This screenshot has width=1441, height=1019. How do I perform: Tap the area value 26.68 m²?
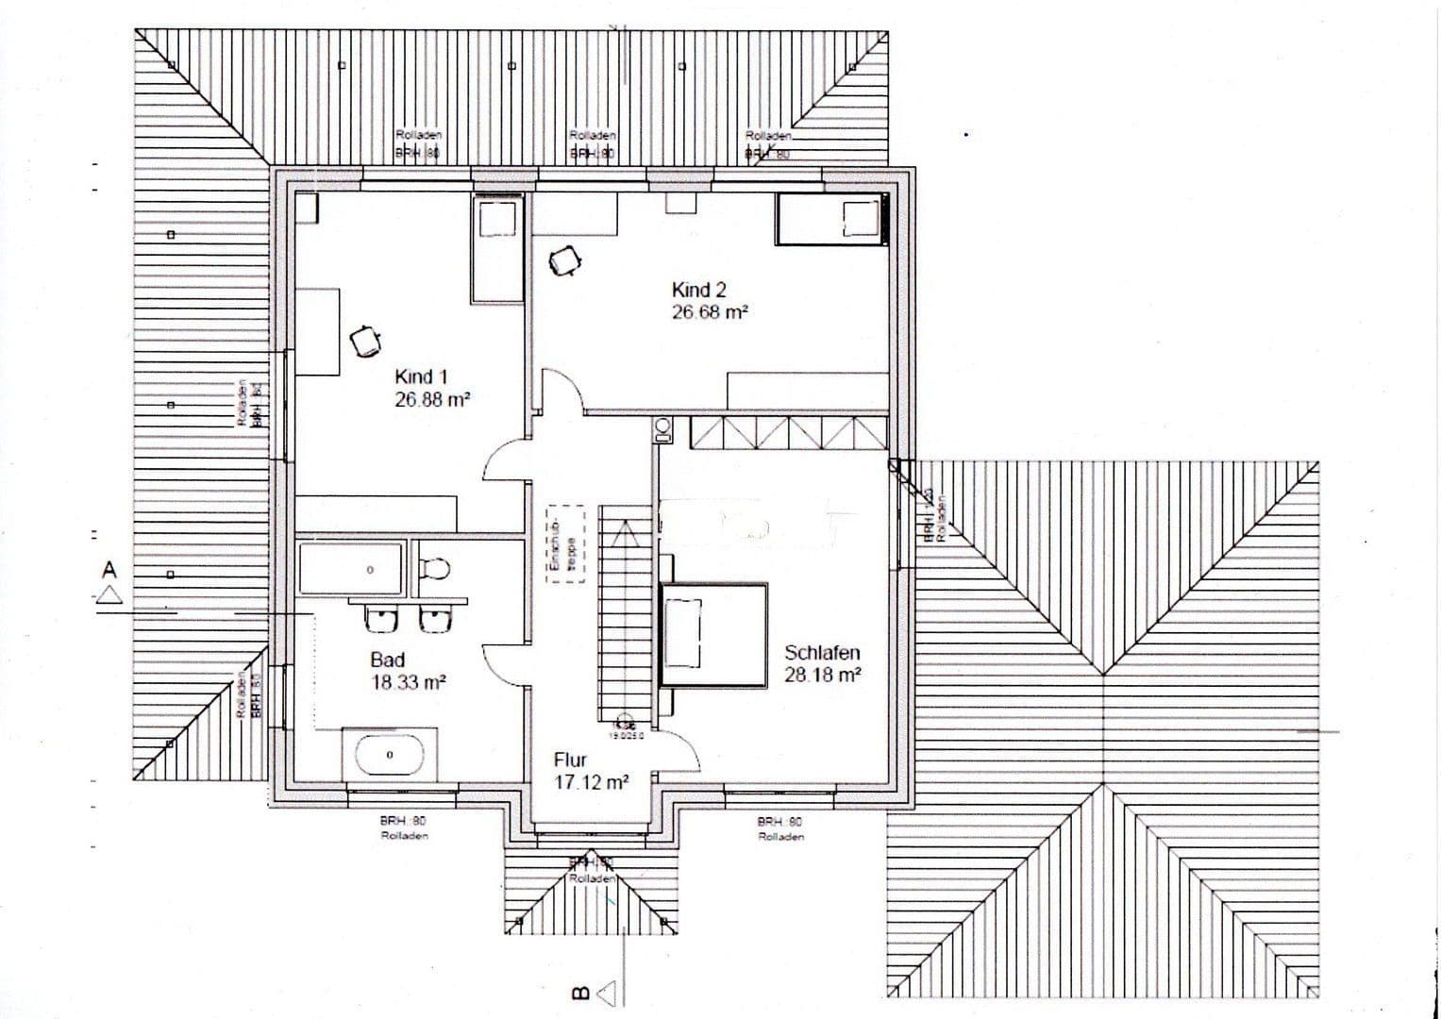[710, 313]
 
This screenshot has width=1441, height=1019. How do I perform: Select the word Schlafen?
[822, 653]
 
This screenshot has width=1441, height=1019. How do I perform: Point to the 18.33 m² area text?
[409, 682]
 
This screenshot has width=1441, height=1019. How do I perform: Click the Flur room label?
[570, 760]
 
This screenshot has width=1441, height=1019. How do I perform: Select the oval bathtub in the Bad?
[390, 755]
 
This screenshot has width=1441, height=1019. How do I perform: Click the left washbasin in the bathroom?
[381, 620]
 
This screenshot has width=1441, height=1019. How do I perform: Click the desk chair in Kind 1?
[364, 340]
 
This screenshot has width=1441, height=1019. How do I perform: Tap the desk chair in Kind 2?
[564, 261]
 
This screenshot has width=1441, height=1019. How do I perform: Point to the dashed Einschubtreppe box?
[566, 547]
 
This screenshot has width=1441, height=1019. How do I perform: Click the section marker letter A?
[110, 570]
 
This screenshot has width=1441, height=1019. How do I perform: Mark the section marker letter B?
[580, 993]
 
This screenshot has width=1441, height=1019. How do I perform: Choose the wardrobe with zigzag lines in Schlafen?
[788, 433]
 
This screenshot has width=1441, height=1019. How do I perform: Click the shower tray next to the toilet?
[351, 570]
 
